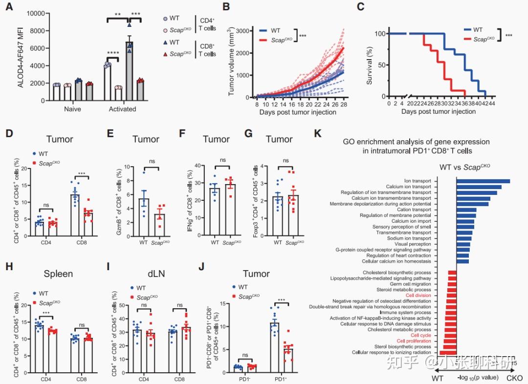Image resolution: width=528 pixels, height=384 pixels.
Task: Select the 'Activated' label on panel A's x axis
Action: click(x=122, y=109)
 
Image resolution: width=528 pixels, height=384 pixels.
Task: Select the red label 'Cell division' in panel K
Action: click(x=420, y=295)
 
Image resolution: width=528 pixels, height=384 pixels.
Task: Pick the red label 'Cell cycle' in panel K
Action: click(x=421, y=336)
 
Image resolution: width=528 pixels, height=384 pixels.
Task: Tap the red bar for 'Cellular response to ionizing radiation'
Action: click(x=448, y=352)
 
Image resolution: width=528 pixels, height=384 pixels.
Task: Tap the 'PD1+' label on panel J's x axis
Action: click(x=279, y=380)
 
